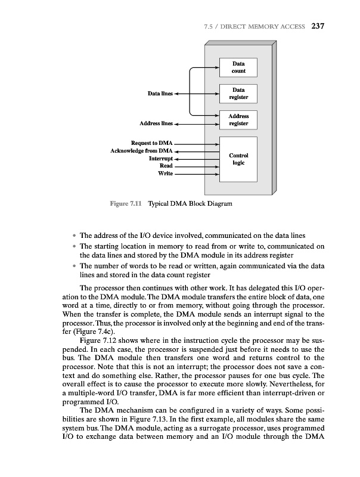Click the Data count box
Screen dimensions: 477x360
tap(238, 67)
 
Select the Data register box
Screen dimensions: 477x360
tap(238, 94)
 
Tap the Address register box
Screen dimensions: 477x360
tap(238, 120)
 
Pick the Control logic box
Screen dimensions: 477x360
tap(238, 159)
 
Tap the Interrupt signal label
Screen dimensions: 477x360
tap(160, 159)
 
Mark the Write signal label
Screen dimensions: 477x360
tap(165, 174)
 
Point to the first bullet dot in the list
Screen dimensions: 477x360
tap(74, 235)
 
